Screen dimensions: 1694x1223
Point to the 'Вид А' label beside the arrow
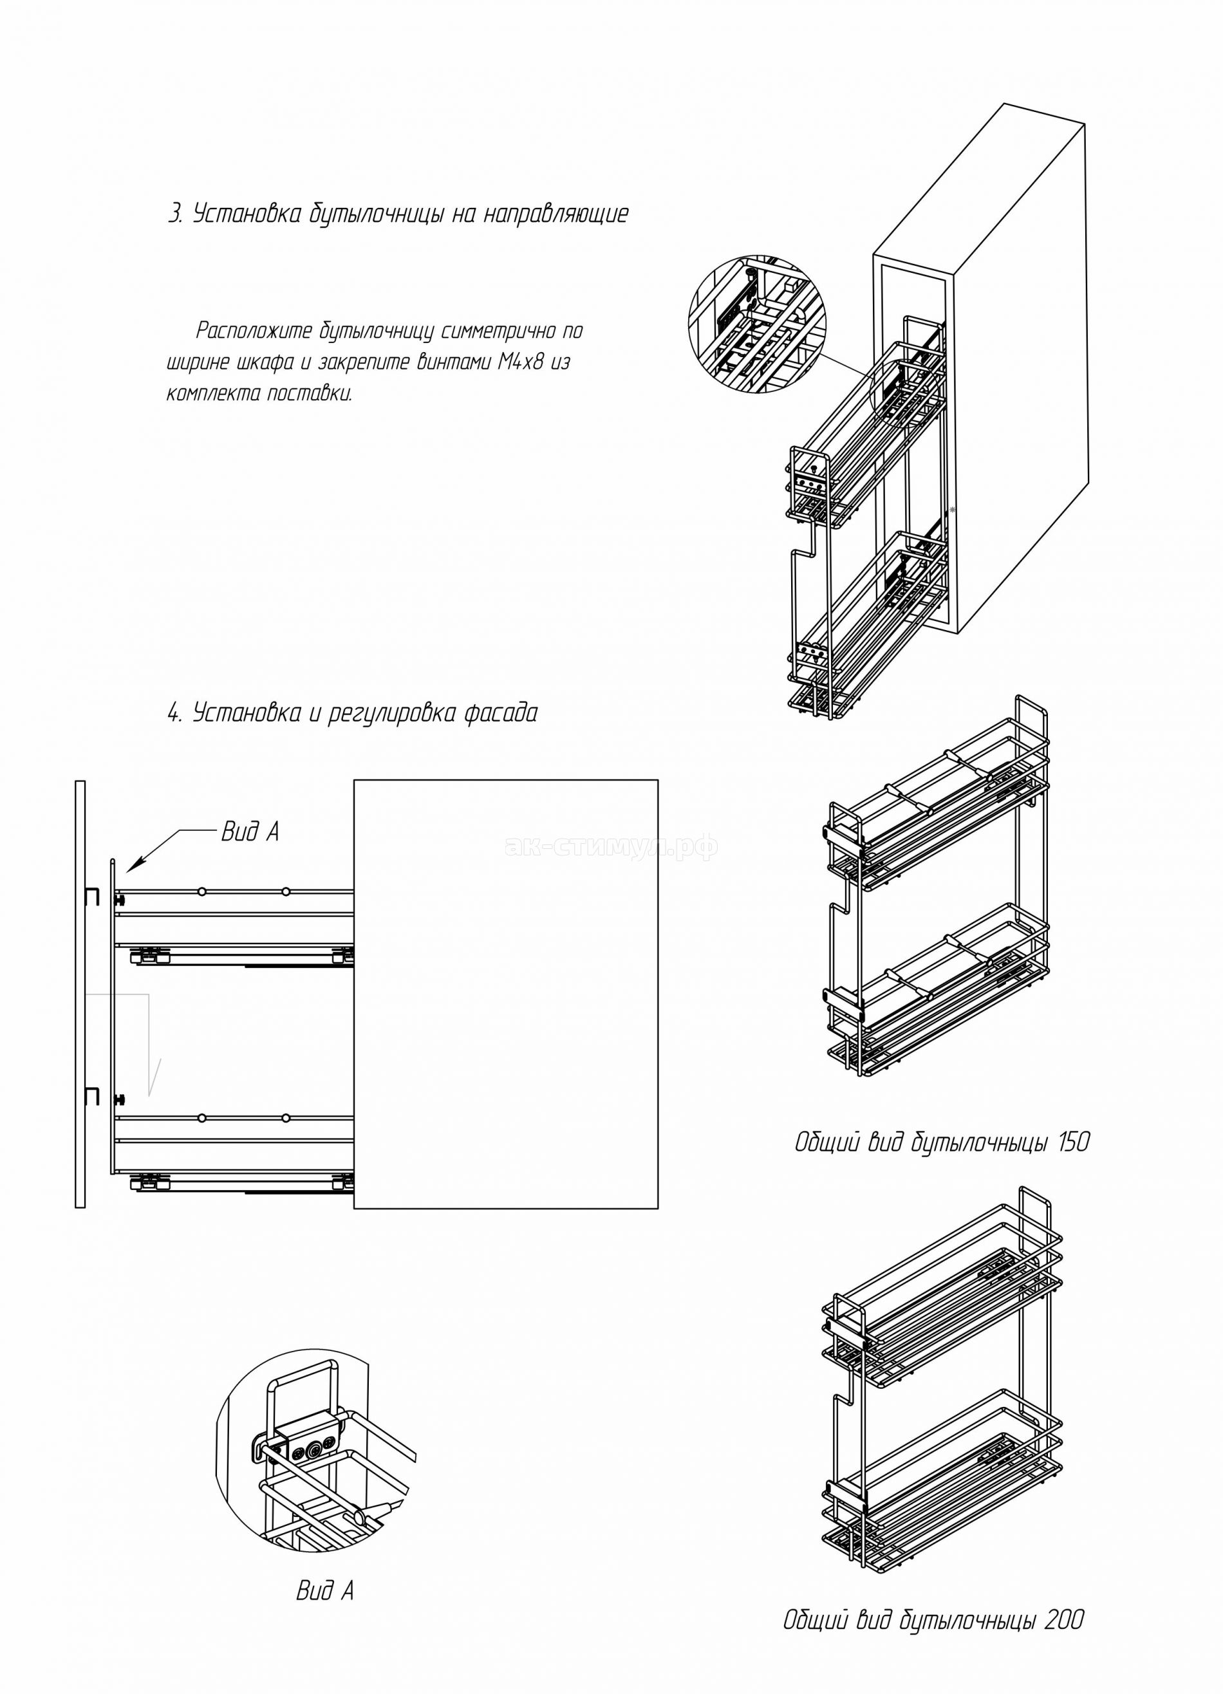click(x=250, y=832)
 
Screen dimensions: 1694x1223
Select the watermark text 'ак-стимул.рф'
click(x=611, y=847)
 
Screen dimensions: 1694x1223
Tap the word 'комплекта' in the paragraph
click(x=211, y=395)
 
